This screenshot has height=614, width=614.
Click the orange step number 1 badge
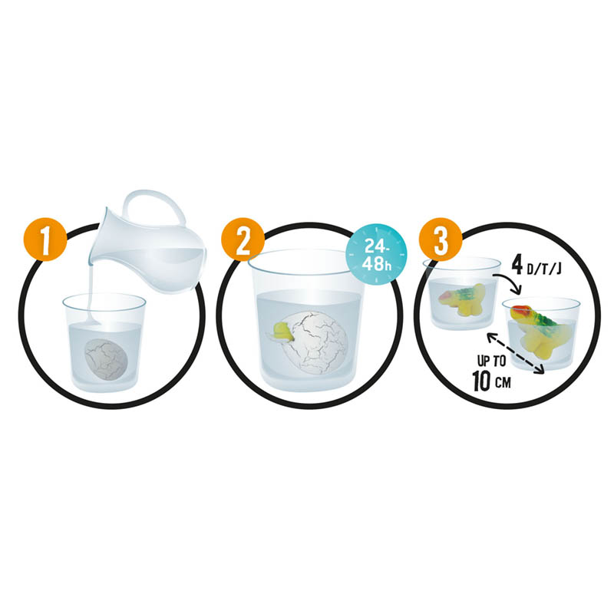tap(45, 239)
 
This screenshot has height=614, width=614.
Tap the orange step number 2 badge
tap(243, 239)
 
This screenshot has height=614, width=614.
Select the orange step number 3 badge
tap(441, 239)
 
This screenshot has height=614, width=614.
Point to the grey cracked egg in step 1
tap(107, 359)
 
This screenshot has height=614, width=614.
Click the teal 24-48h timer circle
tap(377, 255)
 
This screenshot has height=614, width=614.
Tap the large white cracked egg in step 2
tap(318, 342)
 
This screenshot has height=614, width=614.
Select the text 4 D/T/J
tap(536, 266)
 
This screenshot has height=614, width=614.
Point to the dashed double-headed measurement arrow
tap(515, 353)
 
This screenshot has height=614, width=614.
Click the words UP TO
tap(491, 361)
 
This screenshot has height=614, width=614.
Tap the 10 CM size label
tap(491, 380)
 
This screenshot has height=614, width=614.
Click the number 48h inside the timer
tap(377, 263)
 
